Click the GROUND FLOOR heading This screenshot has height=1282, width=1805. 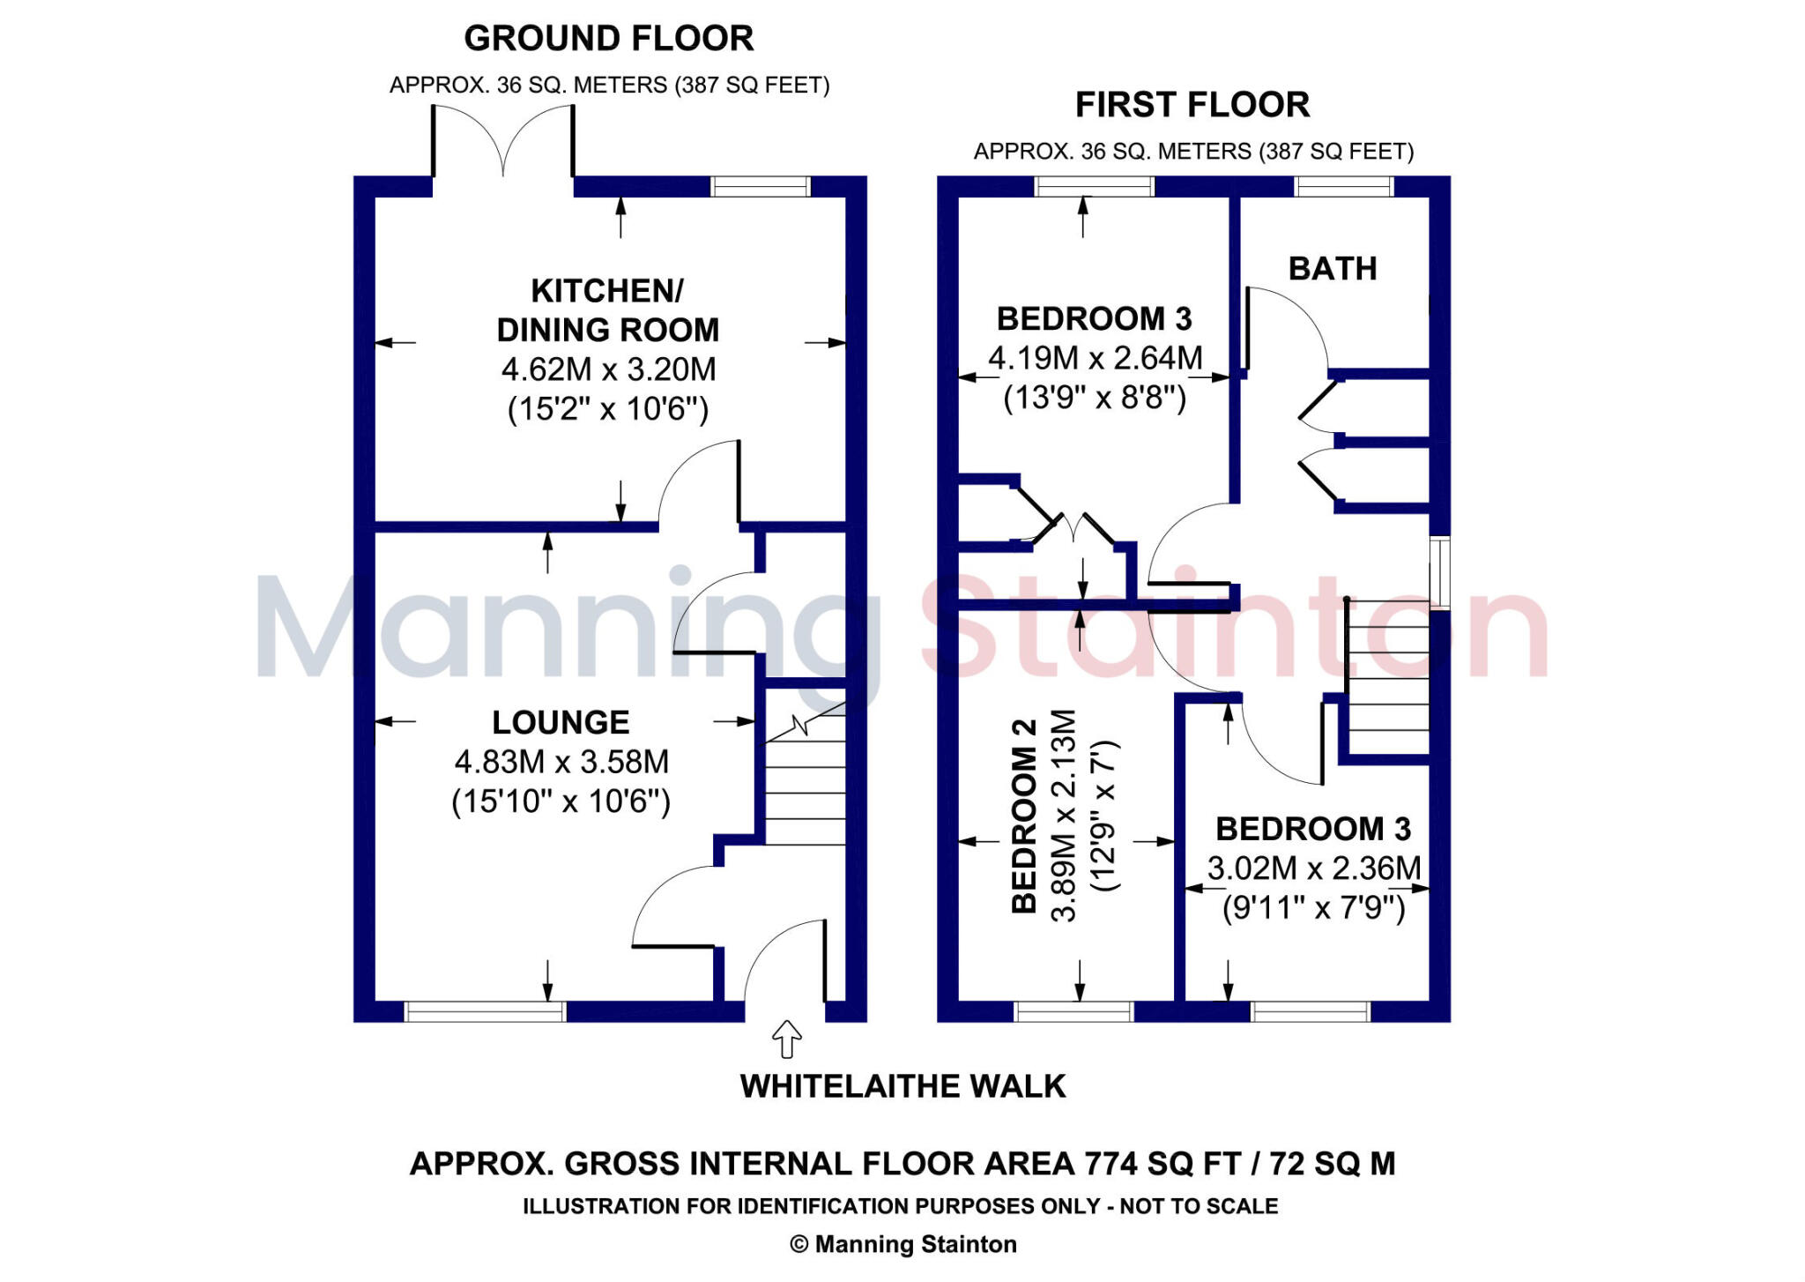[x=608, y=39]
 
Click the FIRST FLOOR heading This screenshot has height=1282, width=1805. [x=1192, y=105]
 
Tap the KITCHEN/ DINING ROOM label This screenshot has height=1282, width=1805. [x=607, y=310]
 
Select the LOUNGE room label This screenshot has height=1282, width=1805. [x=561, y=722]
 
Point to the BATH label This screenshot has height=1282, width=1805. [x=1332, y=269]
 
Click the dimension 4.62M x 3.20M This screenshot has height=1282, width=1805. [x=608, y=369]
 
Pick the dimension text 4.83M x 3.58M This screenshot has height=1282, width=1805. [x=561, y=762]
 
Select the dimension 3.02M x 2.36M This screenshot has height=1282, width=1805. [x=1313, y=868]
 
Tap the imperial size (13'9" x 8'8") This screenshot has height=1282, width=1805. [x=1095, y=398]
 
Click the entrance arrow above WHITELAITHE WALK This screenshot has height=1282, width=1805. [x=786, y=1039]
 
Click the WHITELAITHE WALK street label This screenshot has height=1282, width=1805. [x=902, y=1086]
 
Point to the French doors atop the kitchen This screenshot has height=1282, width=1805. [x=502, y=141]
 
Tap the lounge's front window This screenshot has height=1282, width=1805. [x=484, y=1011]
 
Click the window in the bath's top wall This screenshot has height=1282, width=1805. [x=1343, y=186]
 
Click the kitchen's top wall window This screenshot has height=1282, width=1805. [x=760, y=186]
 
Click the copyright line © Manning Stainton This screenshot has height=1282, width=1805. [x=902, y=1244]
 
